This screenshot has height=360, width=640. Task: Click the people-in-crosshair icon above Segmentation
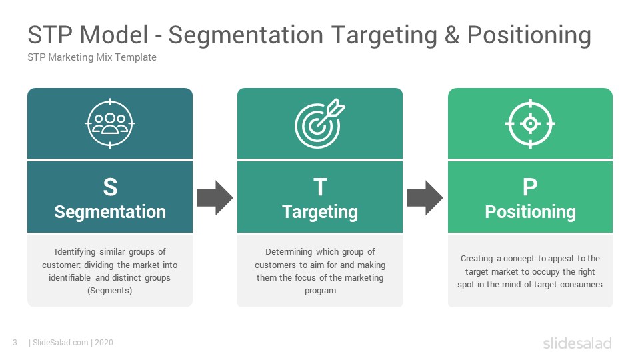coord(110,123)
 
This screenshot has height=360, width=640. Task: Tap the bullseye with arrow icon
coord(319,123)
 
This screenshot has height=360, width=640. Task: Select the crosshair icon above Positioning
coord(530,123)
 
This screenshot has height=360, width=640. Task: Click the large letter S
coord(110,187)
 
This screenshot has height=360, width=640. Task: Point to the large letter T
coord(320,187)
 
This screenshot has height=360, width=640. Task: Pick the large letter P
coord(530,187)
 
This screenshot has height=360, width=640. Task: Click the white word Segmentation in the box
coord(110,212)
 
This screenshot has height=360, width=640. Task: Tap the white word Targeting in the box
coord(320,212)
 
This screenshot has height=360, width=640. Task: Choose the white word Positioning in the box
coord(530,212)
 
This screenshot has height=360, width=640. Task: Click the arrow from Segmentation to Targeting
coord(215,198)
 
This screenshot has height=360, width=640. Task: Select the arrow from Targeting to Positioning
coord(425,198)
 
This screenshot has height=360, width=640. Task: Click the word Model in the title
coord(114,35)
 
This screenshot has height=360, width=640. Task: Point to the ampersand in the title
coord(452,35)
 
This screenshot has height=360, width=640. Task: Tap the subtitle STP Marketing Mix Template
coord(92,57)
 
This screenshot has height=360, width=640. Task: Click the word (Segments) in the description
coord(110,291)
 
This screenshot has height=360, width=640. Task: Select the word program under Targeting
coord(321,291)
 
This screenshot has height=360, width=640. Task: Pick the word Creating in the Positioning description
coord(477,259)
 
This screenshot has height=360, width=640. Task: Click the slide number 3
coord(15,343)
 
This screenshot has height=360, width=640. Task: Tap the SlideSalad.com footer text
coord(61,343)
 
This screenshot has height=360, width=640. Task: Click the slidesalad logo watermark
coord(577,343)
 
